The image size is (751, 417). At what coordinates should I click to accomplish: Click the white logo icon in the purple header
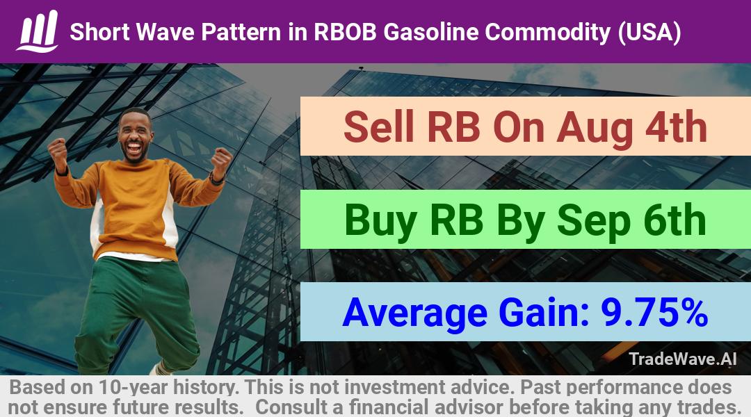[38, 31]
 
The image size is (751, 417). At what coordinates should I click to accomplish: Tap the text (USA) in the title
[649, 33]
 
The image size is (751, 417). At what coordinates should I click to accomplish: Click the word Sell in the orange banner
[379, 127]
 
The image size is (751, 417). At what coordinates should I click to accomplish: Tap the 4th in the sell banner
[676, 127]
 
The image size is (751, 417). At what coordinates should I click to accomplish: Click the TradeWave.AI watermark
[683, 359]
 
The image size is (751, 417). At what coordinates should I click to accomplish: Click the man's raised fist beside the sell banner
[222, 163]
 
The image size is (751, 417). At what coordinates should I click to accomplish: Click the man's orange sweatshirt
[136, 206]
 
